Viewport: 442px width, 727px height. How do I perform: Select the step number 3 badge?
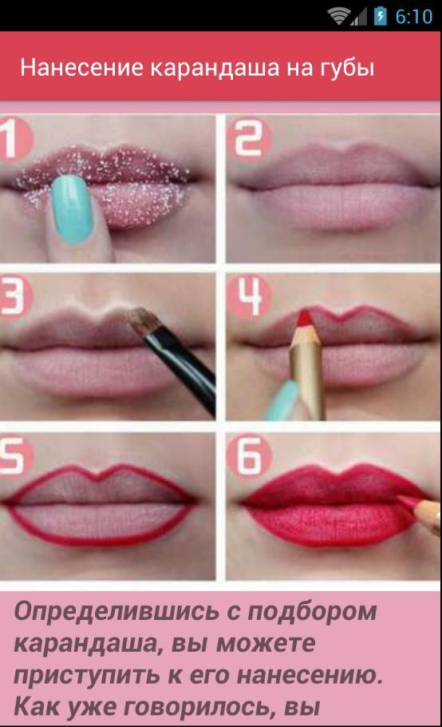[15, 296]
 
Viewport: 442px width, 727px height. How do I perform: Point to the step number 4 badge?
[250, 296]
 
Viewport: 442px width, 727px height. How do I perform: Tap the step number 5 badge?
[15, 457]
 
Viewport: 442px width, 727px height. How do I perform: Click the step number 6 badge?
[250, 457]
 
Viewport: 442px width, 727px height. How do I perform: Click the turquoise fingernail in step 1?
[73, 209]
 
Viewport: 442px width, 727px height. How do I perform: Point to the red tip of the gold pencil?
[304, 317]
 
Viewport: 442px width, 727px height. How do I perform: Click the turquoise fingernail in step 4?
[281, 399]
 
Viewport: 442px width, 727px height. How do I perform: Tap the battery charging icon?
[381, 16]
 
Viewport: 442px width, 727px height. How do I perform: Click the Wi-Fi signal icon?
[339, 17]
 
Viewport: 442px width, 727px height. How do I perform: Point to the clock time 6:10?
[414, 17]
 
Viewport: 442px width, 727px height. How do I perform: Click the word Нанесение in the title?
[82, 68]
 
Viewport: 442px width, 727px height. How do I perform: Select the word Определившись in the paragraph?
[116, 612]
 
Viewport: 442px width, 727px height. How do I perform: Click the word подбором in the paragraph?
[313, 612]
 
